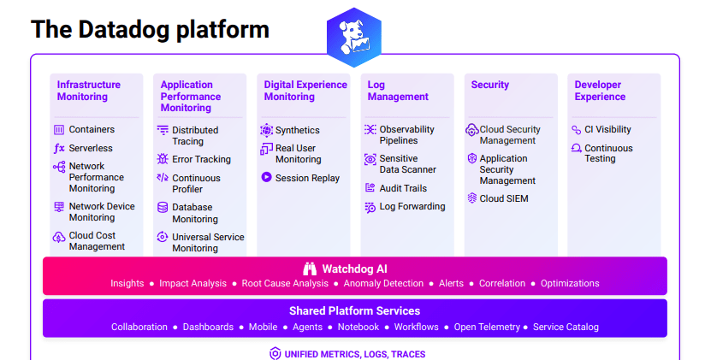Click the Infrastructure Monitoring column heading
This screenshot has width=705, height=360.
point(89,91)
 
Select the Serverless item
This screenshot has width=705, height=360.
point(91,148)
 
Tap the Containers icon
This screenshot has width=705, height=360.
point(59,130)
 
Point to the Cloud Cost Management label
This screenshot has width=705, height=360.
point(97,241)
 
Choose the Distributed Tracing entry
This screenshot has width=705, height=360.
point(195,136)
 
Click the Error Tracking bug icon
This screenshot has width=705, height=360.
point(163,159)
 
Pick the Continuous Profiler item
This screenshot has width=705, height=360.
point(196,184)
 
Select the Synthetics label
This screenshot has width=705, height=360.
point(297,130)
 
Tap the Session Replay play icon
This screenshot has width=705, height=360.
point(266,178)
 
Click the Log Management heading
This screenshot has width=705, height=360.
point(398,91)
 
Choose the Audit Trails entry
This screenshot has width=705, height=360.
point(403,188)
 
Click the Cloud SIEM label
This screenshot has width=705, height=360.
point(504,198)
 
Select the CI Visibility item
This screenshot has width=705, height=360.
point(607,130)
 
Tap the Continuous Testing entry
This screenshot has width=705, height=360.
point(608,154)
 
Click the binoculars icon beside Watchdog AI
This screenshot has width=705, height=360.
point(309,269)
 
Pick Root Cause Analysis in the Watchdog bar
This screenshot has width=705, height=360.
point(285,283)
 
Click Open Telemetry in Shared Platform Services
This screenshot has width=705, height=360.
point(486,327)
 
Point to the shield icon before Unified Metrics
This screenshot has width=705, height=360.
point(275,354)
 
